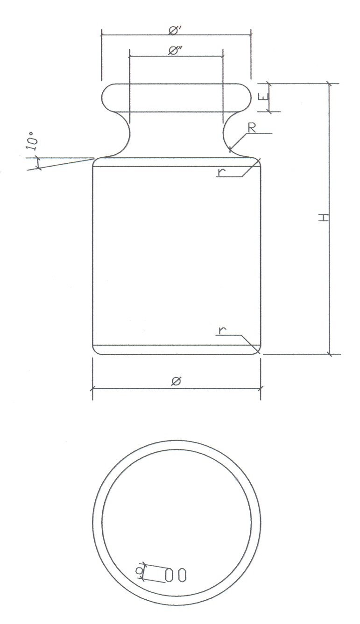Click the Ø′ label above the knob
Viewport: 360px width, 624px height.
coord(175,30)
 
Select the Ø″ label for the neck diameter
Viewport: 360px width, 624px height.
coord(175,51)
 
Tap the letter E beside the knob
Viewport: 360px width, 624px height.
coord(263,97)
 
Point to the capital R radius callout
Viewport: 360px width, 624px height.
coord(252,128)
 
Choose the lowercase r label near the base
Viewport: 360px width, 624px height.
coord(222,330)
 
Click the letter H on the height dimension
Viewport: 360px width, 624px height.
coord(323,217)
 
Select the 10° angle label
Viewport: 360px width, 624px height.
coord(33,141)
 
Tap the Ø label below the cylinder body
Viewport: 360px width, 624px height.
coord(176,381)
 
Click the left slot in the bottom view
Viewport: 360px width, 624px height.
coord(169,575)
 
